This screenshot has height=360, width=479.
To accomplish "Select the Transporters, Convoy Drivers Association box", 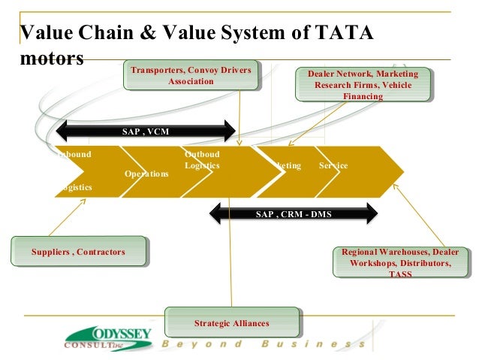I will coord(191,76).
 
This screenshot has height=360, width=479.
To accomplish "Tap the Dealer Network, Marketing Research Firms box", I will coord(366,85).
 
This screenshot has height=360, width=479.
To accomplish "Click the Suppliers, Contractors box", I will coord(78,252).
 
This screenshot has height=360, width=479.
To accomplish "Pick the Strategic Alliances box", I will coord(231,323).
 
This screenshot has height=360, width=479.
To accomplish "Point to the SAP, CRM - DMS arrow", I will coord(293,213).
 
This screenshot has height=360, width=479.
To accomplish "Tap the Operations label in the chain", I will coord(146,174).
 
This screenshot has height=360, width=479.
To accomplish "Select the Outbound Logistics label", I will coord(202,159).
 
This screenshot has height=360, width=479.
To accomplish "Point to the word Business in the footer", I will coord(314,344).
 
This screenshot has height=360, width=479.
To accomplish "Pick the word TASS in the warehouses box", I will coord(399,274).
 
